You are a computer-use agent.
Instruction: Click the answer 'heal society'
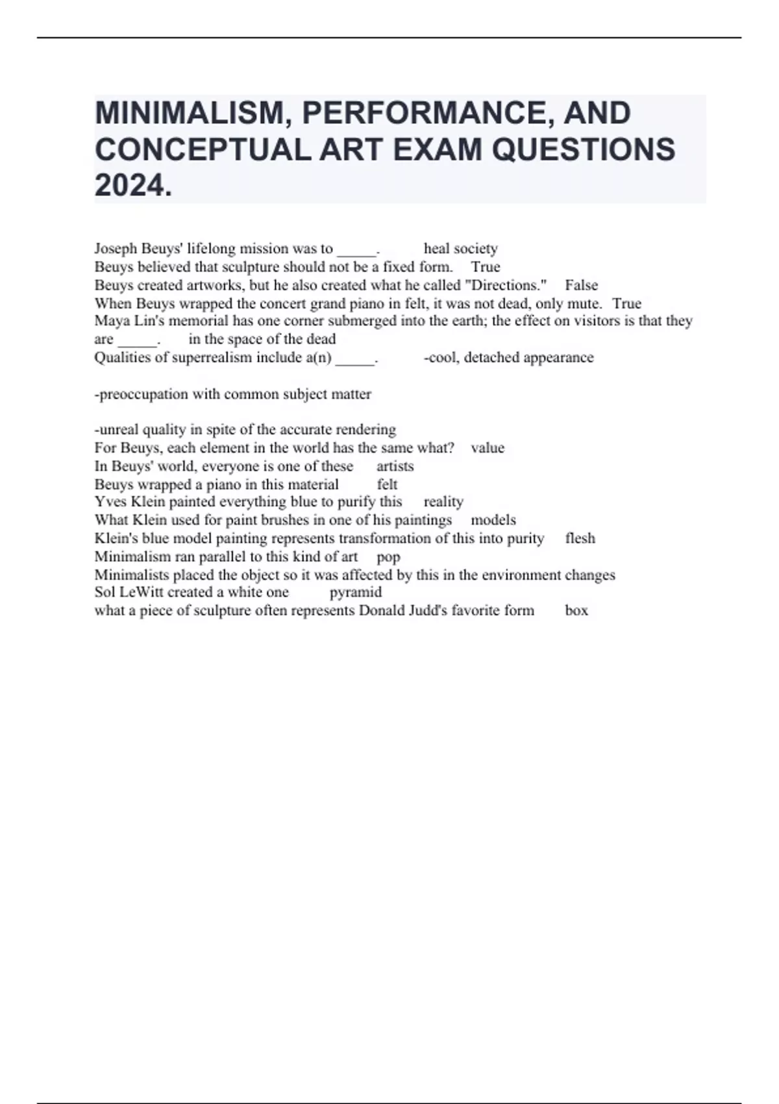[460, 249]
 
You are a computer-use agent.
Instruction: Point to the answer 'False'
[581, 285]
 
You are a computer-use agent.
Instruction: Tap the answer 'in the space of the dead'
[262, 339]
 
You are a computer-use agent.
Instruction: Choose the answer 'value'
[488, 448]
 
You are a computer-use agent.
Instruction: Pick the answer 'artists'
[395, 466]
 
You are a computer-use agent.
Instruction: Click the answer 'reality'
[443, 502]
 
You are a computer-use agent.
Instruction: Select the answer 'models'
[493, 520]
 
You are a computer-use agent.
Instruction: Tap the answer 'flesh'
[580, 538]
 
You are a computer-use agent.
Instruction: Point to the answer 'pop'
[388, 557]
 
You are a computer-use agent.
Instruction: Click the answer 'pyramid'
[356, 592]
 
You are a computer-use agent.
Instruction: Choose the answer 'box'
[576, 610]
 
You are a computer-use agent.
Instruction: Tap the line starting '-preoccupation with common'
[233, 394]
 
